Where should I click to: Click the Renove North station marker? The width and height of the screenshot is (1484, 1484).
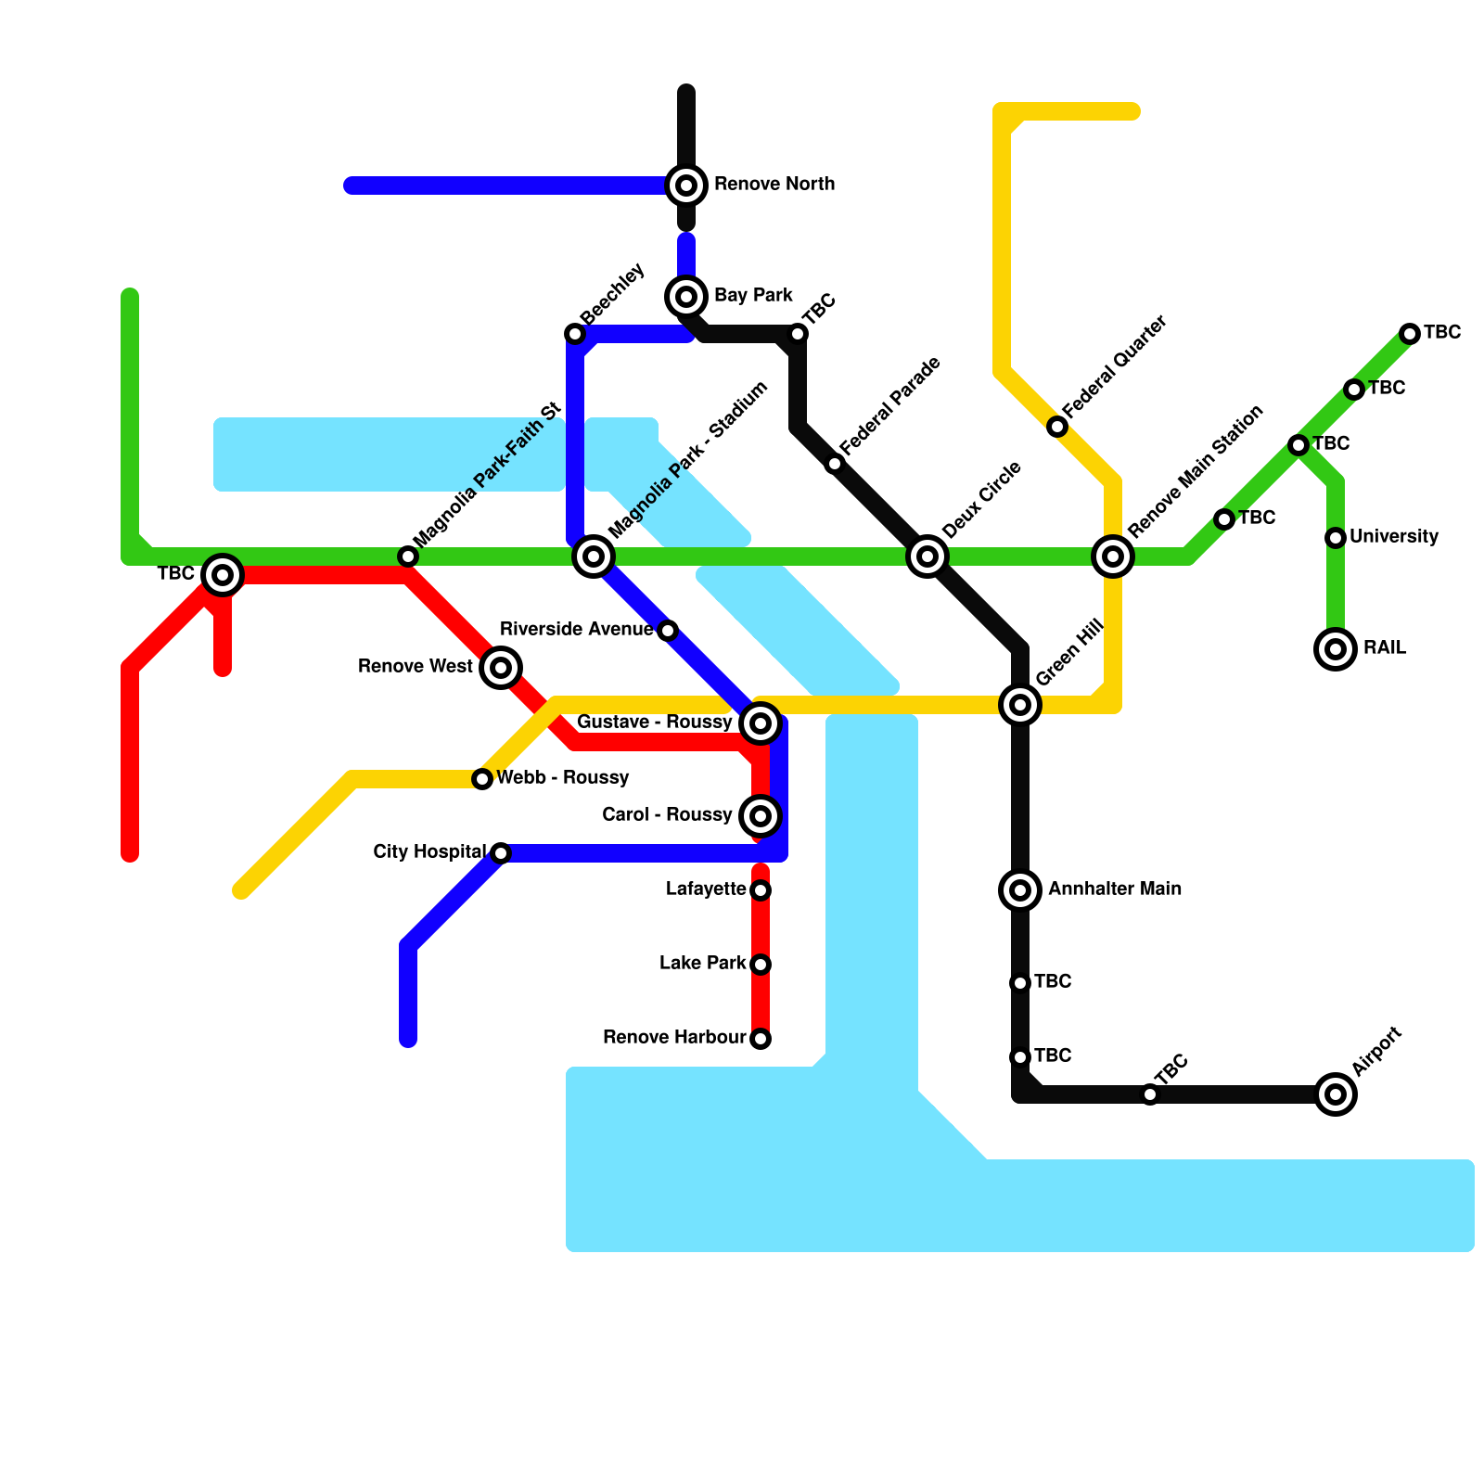[x=686, y=185]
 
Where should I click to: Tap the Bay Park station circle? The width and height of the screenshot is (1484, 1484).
[x=686, y=297]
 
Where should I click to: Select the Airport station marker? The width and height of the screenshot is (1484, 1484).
[x=1336, y=1094]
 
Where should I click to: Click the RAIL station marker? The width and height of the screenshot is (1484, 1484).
[x=1336, y=649]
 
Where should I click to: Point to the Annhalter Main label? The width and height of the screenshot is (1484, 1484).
[x=1115, y=889]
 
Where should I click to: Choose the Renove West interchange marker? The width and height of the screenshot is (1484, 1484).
[x=501, y=668]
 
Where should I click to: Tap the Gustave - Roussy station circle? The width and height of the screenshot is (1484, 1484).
[x=761, y=723]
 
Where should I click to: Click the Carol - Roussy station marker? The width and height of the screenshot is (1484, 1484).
[x=761, y=816]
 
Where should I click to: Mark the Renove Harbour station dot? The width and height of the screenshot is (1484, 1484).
[x=761, y=1039]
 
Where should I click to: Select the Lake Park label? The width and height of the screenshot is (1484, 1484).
[x=702, y=964]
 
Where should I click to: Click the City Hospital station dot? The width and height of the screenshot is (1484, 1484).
[x=501, y=853]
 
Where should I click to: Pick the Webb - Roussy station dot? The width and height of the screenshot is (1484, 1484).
[x=482, y=779]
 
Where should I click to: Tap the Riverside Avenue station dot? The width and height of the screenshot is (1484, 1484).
[x=668, y=631]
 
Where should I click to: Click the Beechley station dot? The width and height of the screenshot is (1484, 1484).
[x=575, y=334]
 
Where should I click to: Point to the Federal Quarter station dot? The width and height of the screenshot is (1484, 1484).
[x=1057, y=427]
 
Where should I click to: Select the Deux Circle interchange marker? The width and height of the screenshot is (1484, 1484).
[x=927, y=556]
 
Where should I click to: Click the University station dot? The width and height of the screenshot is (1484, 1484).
[x=1336, y=538]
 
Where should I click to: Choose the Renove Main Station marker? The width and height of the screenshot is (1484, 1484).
[x=1113, y=556]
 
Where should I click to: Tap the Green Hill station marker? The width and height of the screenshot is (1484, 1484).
[x=1020, y=705]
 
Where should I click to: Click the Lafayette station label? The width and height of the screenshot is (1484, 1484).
[x=706, y=889]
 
